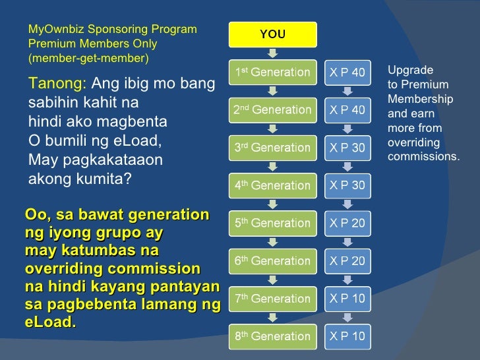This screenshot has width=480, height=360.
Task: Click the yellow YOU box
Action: (272, 35)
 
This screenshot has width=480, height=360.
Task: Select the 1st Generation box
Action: (272, 73)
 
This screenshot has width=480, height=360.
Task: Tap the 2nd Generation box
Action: (272, 110)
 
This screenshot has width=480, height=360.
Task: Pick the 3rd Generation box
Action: (272, 148)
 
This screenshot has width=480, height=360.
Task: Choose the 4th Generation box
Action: (272, 185)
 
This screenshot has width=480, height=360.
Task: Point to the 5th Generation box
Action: (272, 223)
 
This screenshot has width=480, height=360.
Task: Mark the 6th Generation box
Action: (272, 260)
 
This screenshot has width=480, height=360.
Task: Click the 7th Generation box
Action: (272, 299)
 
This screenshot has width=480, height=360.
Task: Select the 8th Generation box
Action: (272, 336)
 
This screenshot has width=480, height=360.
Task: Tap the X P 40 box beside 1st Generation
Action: (347, 73)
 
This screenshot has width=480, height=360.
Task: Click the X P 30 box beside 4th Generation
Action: (347, 185)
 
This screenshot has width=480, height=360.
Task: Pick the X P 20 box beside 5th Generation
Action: (347, 223)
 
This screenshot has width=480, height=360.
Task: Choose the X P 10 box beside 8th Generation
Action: (347, 336)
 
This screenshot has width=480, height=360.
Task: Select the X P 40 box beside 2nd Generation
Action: (347, 110)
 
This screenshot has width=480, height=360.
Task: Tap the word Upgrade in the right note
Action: (410, 70)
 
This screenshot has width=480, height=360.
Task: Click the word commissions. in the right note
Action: (423, 157)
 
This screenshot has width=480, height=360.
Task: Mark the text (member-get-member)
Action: (88, 59)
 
